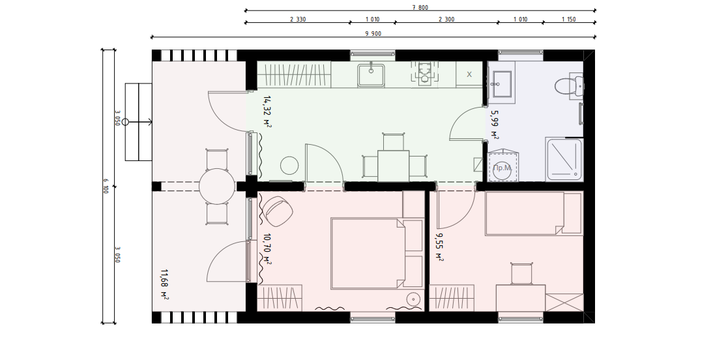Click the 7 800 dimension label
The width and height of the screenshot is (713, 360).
point(420,7)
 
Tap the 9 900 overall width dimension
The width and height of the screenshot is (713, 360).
point(373,34)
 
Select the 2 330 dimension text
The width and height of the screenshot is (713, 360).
point(297,19)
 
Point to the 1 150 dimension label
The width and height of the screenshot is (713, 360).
point(568,19)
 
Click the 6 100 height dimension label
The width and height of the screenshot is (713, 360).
point(106,186)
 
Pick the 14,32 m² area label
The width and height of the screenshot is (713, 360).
point(267,111)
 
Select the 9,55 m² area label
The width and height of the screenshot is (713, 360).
point(439,247)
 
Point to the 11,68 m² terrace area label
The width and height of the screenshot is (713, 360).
point(164,285)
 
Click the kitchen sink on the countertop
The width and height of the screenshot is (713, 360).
point(371,75)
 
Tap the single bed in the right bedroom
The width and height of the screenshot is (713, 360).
point(534,213)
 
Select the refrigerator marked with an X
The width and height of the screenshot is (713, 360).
point(469,74)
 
